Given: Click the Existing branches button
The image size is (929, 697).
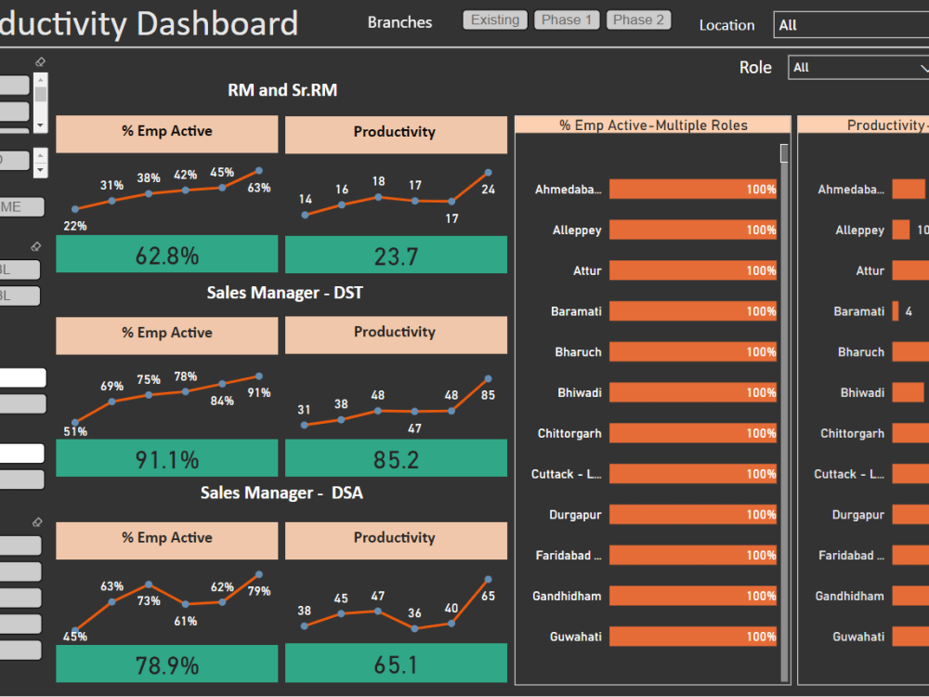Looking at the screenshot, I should [x=495, y=20].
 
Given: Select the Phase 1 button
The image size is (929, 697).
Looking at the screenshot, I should [x=568, y=20].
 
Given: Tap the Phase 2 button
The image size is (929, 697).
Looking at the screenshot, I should [x=638, y=20].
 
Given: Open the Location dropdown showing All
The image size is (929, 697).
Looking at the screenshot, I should [x=850, y=25].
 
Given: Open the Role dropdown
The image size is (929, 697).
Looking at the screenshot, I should [x=857, y=68].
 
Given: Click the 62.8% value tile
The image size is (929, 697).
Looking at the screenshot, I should [x=167, y=255].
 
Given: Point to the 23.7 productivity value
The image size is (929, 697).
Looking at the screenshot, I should [x=396, y=255].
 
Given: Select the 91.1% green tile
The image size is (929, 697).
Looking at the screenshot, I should [x=167, y=459].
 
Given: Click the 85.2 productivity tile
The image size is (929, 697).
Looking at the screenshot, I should [x=396, y=459].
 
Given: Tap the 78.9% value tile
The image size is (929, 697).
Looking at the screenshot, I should [x=167, y=664].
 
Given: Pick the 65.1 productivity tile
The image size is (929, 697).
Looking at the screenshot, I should [x=396, y=664].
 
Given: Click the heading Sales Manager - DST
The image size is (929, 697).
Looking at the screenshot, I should [x=284, y=293].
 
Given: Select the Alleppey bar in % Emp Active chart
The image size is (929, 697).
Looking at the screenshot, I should [x=692, y=230].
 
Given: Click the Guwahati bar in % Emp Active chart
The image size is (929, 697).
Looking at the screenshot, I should [x=692, y=637].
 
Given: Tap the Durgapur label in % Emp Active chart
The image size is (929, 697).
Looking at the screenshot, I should [x=575, y=515].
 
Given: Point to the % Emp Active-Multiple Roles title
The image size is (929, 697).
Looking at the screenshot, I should [x=653, y=125].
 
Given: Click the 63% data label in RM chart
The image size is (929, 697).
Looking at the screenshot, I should [x=259, y=188].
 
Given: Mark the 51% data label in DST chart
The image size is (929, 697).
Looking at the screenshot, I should [x=75, y=431].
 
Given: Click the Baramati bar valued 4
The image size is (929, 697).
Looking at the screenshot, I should [x=896, y=311].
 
